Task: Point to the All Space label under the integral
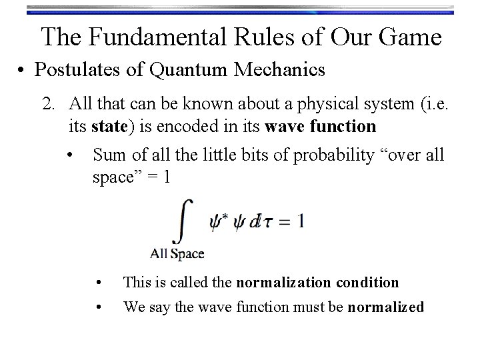177,253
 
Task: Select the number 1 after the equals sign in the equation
301,221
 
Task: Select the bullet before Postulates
25,69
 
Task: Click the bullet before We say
99,307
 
